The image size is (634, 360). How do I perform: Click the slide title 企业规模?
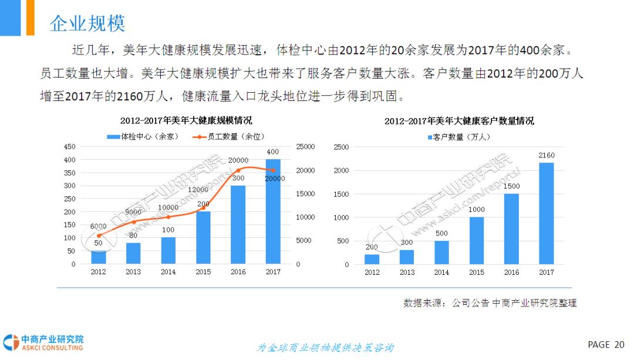(x=87, y=23)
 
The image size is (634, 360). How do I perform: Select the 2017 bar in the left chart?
(x=273, y=211)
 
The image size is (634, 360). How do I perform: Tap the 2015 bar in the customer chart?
(x=476, y=241)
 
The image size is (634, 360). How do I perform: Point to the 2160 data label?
(x=546, y=156)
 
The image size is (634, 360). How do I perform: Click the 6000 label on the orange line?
(x=98, y=226)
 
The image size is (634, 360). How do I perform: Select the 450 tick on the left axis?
(x=69, y=147)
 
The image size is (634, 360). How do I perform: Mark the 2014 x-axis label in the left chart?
(x=168, y=272)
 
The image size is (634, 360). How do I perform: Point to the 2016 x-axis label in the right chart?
(x=511, y=272)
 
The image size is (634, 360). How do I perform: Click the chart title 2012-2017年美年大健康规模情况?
(x=186, y=121)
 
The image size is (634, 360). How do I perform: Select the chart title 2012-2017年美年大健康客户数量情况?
(x=459, y=122)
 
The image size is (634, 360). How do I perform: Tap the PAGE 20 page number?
(x=606, y=345)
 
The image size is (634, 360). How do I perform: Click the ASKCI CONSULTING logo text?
(x=52, y=348)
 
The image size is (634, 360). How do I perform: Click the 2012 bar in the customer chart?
(x=372, y=259)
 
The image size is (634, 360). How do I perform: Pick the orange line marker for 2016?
(x=238, y=170)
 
